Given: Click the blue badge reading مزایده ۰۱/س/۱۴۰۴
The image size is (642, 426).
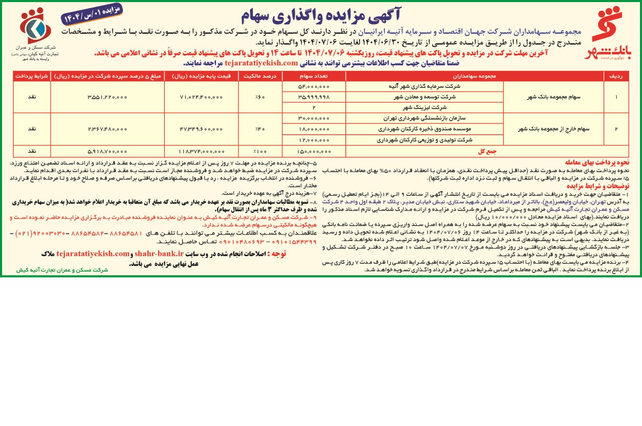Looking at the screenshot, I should pyautogui.click(x=92, y=15).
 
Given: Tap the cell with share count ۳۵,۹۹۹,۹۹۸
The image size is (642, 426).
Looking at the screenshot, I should pyautogui.click(x=314, y=97).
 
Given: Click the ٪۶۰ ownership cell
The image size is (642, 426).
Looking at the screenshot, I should pyautogui.click(x=260, y=97).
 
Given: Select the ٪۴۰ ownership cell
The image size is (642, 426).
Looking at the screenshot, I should pyautogui.click(x=260, y=129).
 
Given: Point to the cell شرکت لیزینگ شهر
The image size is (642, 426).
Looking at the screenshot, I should pyautogui.click(x=424, y=108).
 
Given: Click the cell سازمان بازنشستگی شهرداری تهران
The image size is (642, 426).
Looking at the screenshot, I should pyautogui.click(x=424, y=118).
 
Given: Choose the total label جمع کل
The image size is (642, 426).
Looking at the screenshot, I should pyautogui.click(x=487, y=151).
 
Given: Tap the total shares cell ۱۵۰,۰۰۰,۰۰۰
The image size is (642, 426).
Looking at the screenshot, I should pyautogui.click(x=314, y=151).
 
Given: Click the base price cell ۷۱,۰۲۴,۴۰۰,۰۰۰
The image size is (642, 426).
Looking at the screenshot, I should pyautogui.click(x=201, y=97).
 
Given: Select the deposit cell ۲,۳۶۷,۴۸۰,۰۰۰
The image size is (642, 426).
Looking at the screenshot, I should pyautogui.click(x=107, y=129).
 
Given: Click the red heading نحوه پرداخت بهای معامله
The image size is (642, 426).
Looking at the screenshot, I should pyautogui.click(x=597, y=162).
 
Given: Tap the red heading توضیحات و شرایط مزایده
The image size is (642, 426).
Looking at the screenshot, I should pyautogui.click(x=598, y=186).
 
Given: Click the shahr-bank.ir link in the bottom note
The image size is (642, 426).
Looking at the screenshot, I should pyautogui.click(x=159, y=254).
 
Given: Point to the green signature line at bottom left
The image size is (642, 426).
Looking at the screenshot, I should pyautogui.click(x=62, y=270).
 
